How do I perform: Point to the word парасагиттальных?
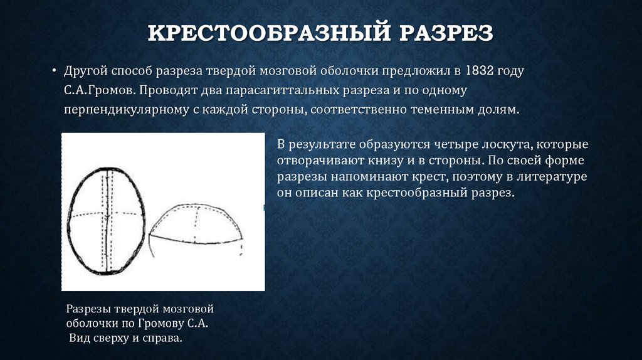[287, 90]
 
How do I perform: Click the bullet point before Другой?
[55, 70]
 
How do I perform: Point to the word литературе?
[551, 177]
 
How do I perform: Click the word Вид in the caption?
[80, 339]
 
